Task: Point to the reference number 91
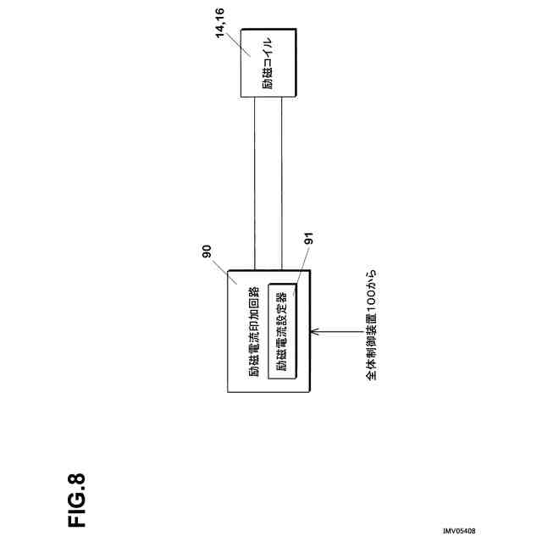pos(309,242)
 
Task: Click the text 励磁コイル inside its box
pos(267,63)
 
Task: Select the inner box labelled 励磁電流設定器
pos(283,331)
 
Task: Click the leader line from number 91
pos(302,267)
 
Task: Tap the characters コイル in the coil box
pos(267,51)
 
